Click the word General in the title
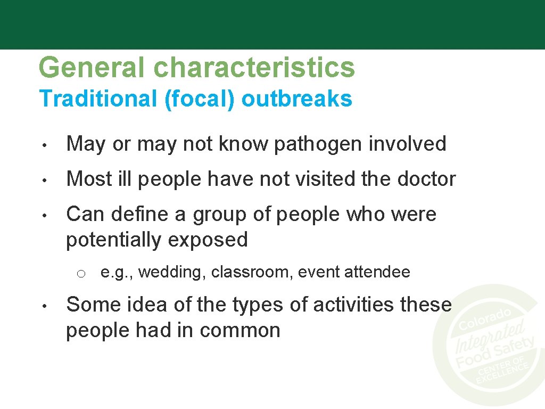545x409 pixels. pyautogui.click(x=92, y=68)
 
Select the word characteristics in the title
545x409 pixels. pyautogui.click(x=254, y=68)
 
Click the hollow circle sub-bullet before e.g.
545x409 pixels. pyautogui.click(x=80, y=274)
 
